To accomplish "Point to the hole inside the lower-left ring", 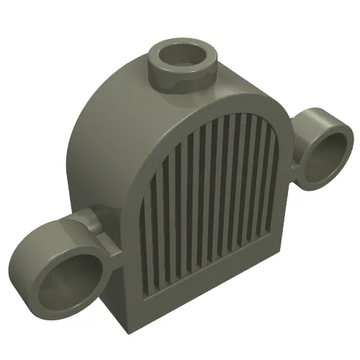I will (63, 282).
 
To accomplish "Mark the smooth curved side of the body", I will (101, 144).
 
